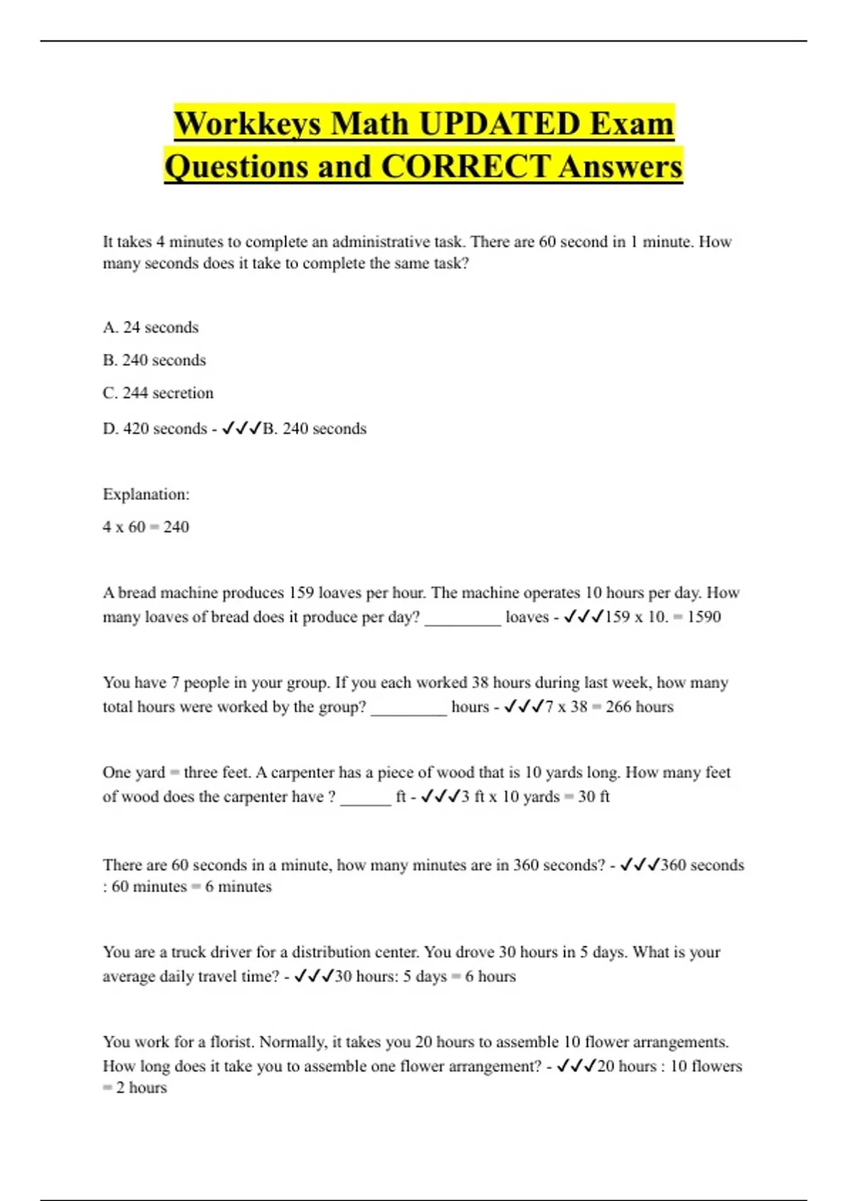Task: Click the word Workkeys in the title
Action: click(x=247, y=124)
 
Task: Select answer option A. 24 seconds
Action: click(x=151, y=327)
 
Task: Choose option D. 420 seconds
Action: click(x=155, y=429)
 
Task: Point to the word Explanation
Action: click(x=146, y=495)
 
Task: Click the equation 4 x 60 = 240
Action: click(x=146, y=527)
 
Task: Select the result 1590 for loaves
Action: click(x=704, y=617)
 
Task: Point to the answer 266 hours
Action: click(x=639, y=706)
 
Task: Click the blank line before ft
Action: click(x=365, y=800)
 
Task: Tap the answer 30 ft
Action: click(x=594, y=797)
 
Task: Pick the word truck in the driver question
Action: click(x=190, y=952)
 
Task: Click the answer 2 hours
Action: click(x=141, y=1088)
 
